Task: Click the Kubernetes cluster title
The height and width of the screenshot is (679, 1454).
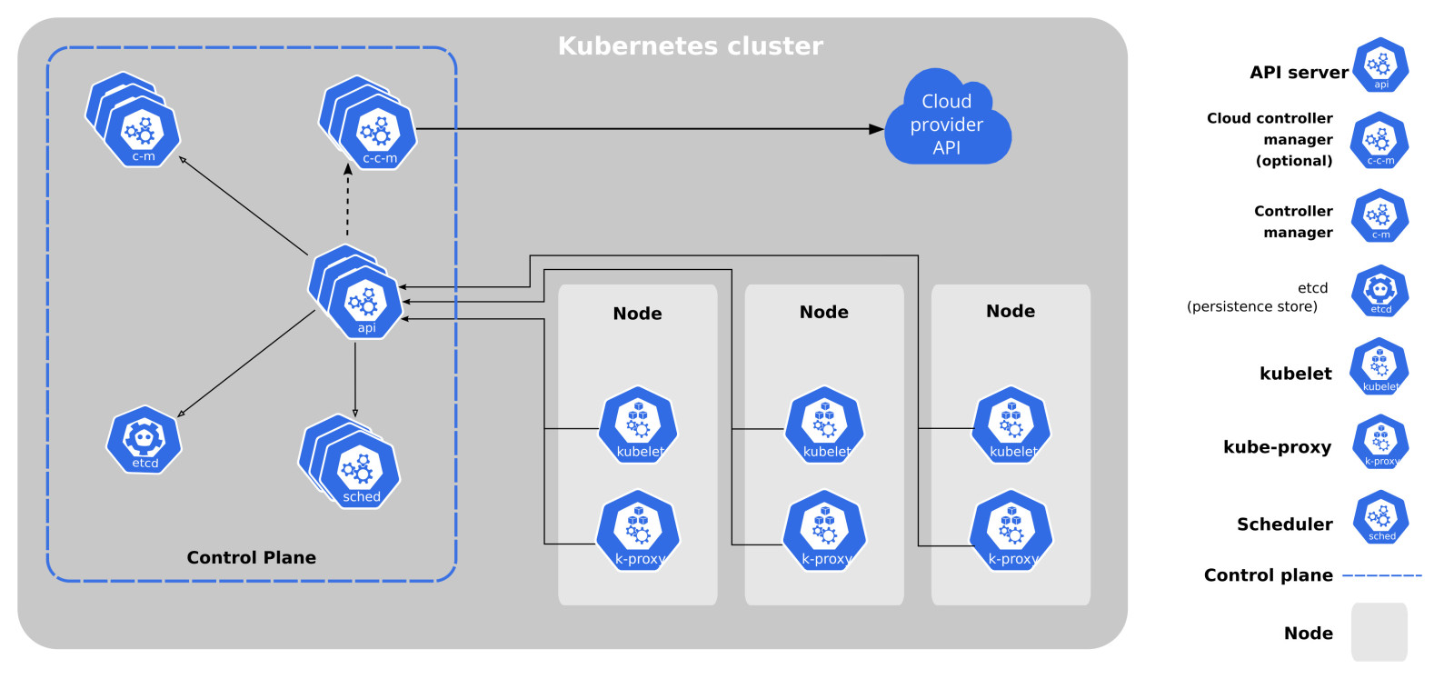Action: [x=690, y=45]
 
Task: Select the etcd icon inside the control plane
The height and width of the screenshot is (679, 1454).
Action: [x=144, y=440]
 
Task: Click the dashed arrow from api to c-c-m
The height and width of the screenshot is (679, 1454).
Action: [x=347, y=202]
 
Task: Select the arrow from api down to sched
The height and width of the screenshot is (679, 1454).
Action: [x=354, y=377]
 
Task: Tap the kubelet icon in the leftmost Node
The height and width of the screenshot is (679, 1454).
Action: [x=638, y=425]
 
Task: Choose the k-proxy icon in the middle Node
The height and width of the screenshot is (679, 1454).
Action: [x=824, y=531]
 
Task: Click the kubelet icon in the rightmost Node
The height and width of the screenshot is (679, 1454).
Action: [x=1011, y=425]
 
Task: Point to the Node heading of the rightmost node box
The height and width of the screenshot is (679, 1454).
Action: [x=1011, y=311]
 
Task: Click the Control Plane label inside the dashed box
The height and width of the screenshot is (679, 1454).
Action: [x=251, y=557]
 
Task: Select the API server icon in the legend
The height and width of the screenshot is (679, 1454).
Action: [x=1380, y=65]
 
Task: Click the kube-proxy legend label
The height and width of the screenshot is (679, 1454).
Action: [x=1277, y=446]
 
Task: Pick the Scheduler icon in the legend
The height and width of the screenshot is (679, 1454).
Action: [x=1380, y=518]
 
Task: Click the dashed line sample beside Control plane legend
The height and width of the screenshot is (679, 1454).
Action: [x=1381, y=575]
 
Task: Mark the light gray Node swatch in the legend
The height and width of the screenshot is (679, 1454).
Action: [x=1379, y=632]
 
